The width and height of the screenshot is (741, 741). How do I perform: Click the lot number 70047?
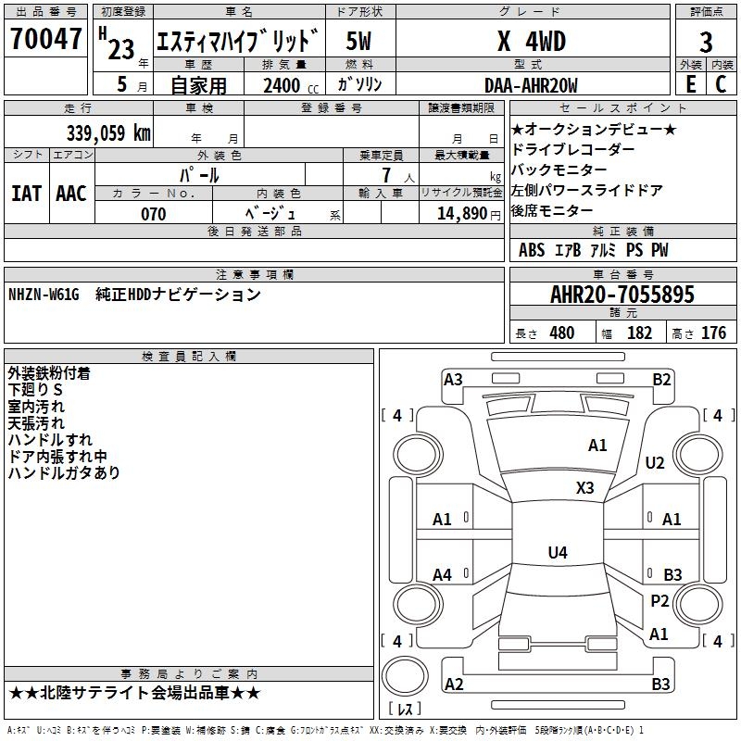coord(45,40)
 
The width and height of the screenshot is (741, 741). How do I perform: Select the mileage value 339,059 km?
coord(108,133)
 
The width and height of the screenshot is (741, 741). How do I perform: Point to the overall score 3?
coord(706,42)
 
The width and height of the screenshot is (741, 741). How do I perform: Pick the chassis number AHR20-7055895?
coord(622,295)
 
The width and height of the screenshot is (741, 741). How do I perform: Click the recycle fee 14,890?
coord(459,214)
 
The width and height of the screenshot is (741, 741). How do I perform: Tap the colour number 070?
coord(153,214)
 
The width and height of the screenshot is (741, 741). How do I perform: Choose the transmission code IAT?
coord(26,194)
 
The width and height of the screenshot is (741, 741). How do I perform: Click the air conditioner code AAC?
coord(71,194)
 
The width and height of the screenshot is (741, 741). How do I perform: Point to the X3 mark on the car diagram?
coord(584,488)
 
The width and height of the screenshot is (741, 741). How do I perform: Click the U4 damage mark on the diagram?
coord(557,553)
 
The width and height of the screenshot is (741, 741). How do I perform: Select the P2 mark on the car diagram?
coord(659,601)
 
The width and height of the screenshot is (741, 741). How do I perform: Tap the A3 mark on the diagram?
coord(453,379)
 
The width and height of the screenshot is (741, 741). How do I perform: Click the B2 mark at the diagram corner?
coord(661,379)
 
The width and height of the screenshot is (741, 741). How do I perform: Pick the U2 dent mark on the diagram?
coord(655,463)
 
